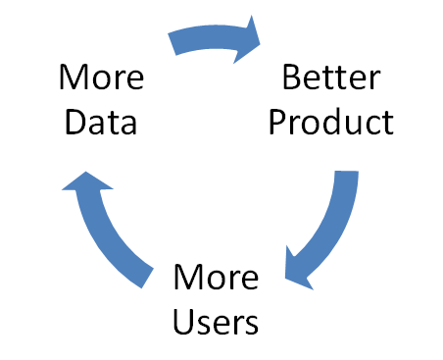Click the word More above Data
tap(99, 77)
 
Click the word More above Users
tap(217, 278)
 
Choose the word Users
tap(217, 321)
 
